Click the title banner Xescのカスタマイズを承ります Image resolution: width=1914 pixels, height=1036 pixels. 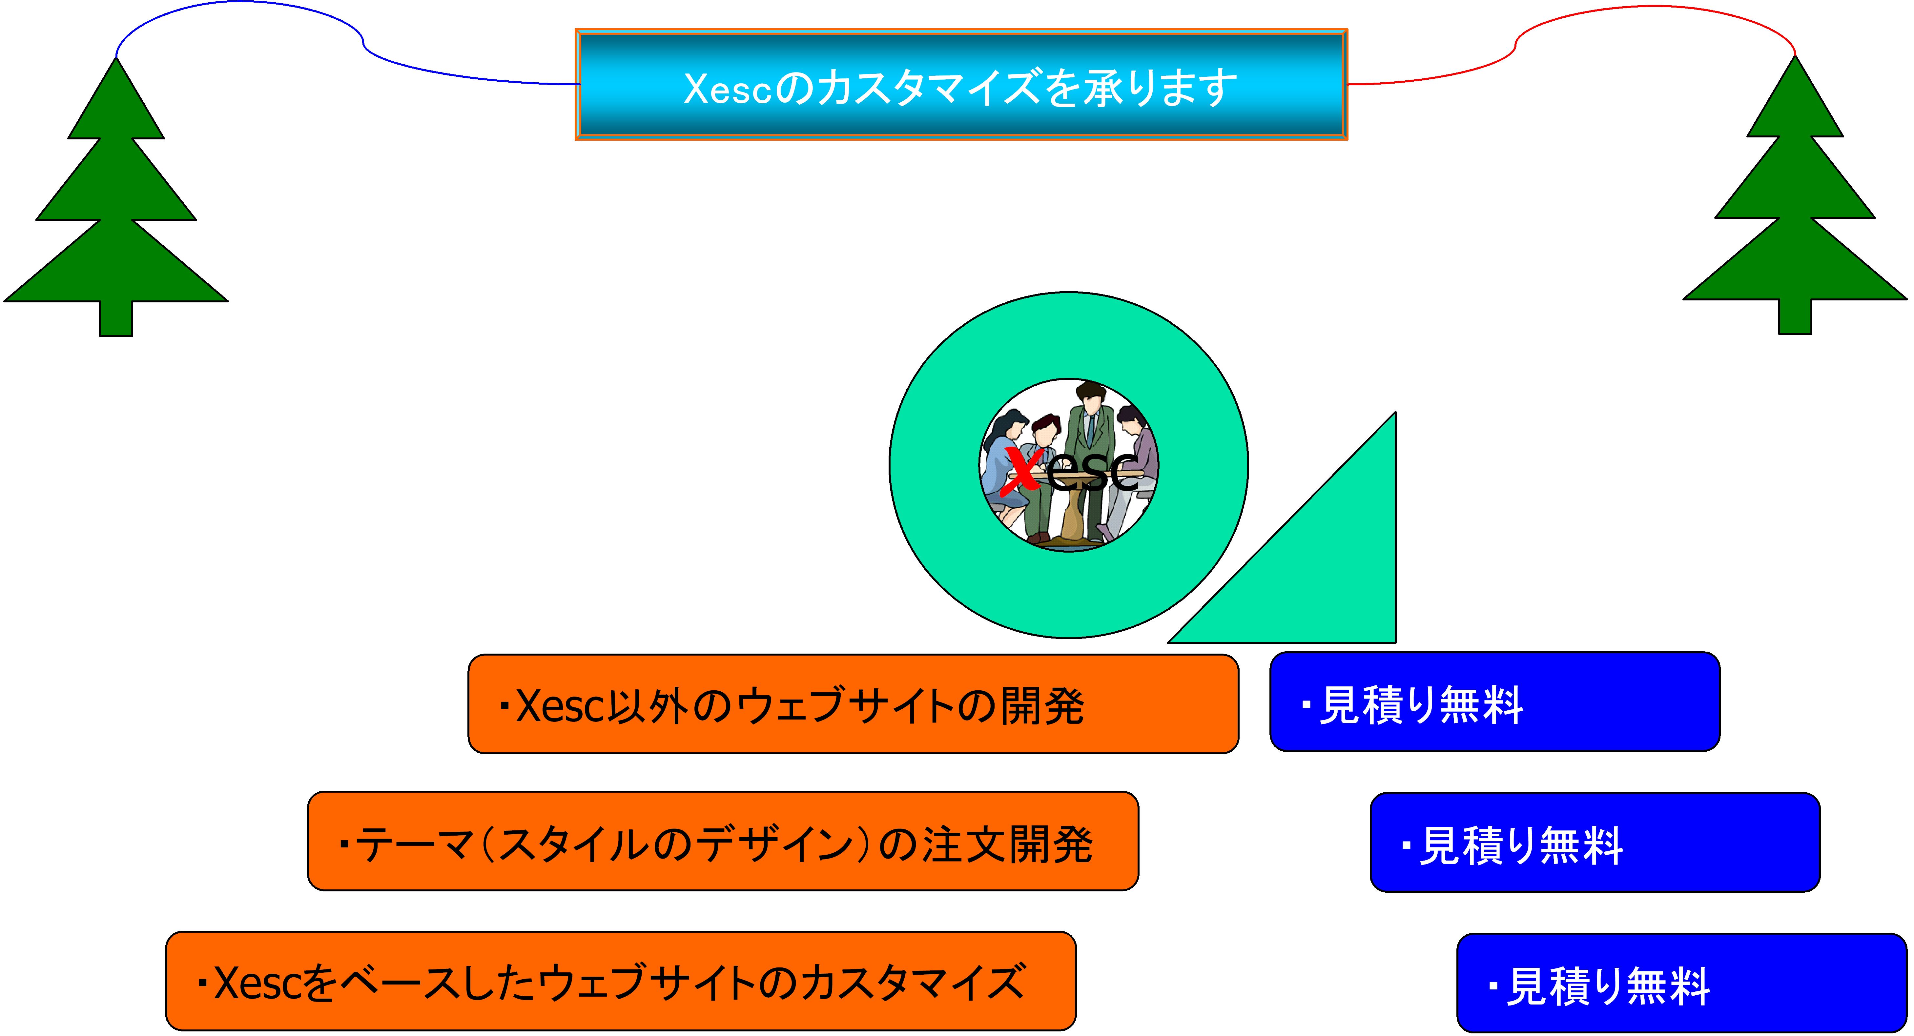coord(961,85)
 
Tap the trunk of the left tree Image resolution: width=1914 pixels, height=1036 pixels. coord(116,319)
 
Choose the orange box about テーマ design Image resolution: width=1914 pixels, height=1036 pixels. coord(722,841)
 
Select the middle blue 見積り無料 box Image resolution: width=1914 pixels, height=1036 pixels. coord(1595,842)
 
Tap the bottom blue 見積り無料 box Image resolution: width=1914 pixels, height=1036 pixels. coord(1681,983)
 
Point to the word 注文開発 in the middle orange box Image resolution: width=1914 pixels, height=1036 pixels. coord(1007,844)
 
